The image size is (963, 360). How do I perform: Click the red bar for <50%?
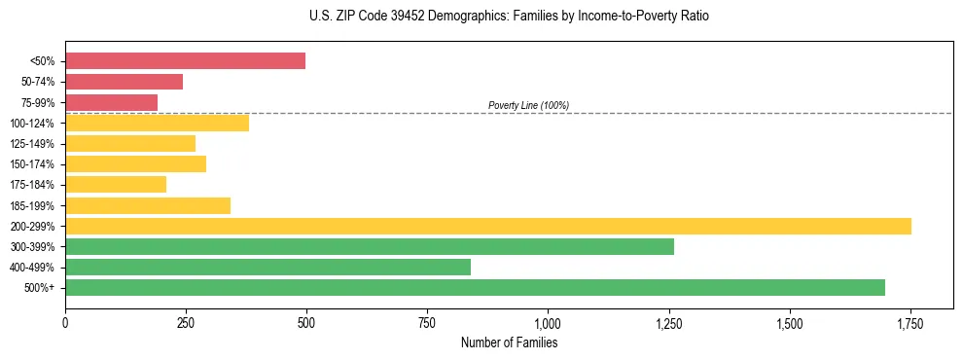(x=185, y=61)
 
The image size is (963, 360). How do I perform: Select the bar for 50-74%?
(x=124, y=82)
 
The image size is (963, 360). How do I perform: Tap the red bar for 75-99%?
(x=111, y=102)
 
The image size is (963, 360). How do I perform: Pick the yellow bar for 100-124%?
(x=157, y=123)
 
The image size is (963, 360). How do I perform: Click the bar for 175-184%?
(x=116, y=184)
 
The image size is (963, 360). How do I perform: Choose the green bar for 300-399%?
(x=370, y=246)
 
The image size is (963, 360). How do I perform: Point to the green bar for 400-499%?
(x=267, y=267)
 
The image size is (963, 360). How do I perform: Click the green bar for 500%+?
(x=475, y=287)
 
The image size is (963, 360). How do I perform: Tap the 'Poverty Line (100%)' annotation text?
(x=528, y=105)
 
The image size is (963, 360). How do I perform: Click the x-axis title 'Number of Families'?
(x=509, y=342)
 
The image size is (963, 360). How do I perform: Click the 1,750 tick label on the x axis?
(x=910, y=322)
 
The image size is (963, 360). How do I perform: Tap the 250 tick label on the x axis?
(x=186, y=322)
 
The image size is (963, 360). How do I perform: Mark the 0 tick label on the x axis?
(x=65, y=322)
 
